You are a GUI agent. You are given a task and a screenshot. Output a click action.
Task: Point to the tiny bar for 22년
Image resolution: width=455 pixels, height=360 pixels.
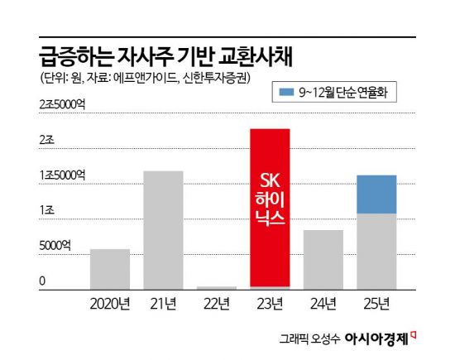pyautogui.click(x=217, y=287)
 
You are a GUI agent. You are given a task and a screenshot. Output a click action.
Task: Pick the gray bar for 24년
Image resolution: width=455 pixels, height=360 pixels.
pyautogui.click(x=323, y=259)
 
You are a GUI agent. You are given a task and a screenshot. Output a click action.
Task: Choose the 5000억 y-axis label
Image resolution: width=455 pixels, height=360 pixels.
pyautogui.click(x=55, y=246)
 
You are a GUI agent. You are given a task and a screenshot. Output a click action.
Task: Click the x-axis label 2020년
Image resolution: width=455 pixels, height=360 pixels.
pyautogui.click(x=111, y=303)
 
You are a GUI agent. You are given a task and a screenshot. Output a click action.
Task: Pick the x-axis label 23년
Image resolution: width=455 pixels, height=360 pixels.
pyautogui.click(x=270, y=303)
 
